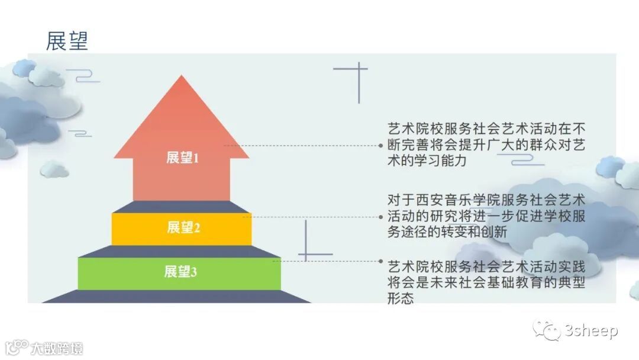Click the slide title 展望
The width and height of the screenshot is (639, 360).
click(x=67, y=40)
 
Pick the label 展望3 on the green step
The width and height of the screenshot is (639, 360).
click(x=180, y=272)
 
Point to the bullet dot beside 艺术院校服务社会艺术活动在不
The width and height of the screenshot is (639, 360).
click(x=381, y=145)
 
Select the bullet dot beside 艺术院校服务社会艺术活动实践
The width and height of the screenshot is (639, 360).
click(x=381, y=261)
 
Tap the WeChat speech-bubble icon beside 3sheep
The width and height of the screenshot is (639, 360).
click(x=547, y=330)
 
